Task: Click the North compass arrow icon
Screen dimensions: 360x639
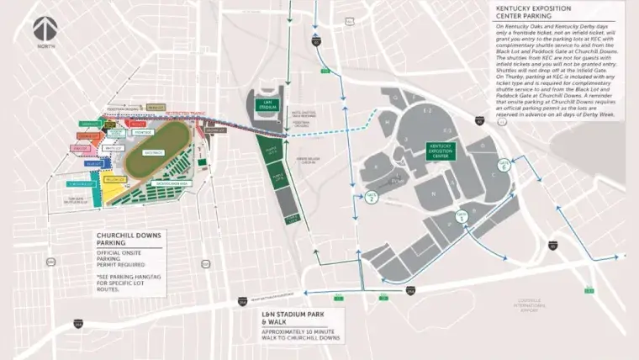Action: coord(45,29)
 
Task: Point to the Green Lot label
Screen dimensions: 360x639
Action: coord(90,124)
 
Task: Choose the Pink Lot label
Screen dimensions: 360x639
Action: coord(81,149)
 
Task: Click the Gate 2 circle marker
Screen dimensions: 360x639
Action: coord(372,196)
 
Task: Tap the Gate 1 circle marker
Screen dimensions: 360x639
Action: coord(461,217)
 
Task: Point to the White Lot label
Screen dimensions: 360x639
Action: coord(112,148)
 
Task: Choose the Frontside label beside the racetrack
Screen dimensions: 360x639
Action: coord(142,132)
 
